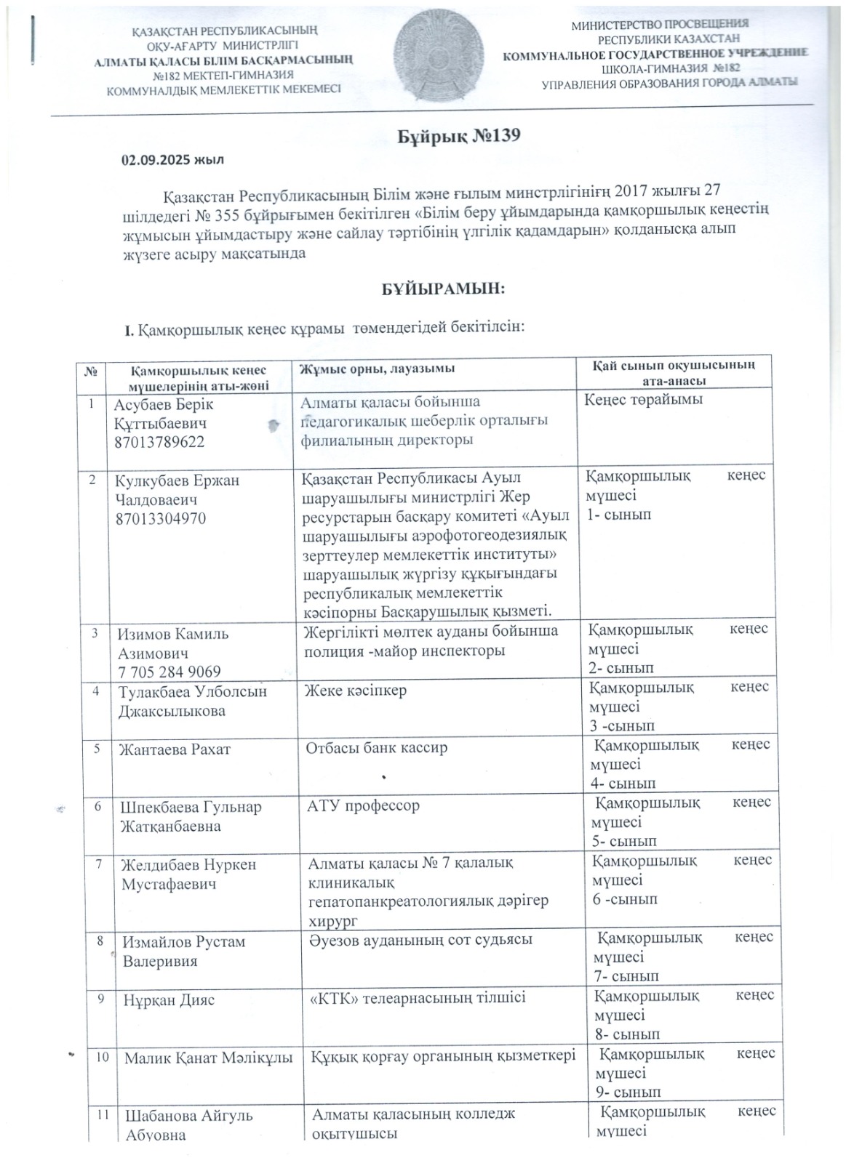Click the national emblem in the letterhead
[x=430, y=58]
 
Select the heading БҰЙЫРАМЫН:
[x=444, y=289]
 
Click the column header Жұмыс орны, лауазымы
[x=378, y=369]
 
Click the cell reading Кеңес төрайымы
[x=643, y=399]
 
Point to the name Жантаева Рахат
[x=175, y=749]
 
